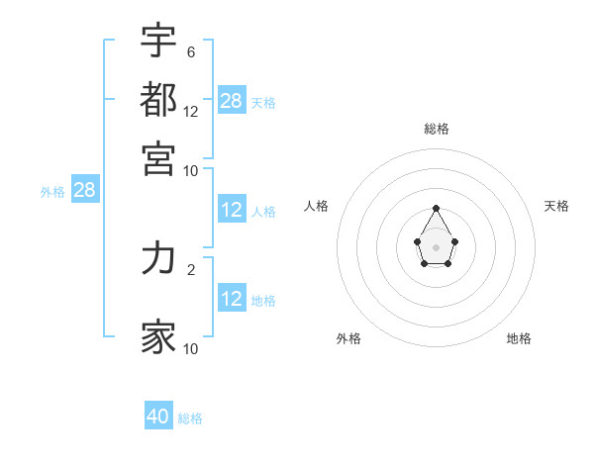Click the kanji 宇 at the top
tap(158, 41)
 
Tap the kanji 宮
tap(158, 157)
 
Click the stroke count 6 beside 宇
tap(190, 52)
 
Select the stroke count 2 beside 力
tap(190, 268)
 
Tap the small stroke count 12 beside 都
tap(191, 111)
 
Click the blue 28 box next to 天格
tap(232, 100)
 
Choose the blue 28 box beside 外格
tap(85, 190)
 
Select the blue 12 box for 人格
tap(232, 210)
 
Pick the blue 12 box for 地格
tap(232, 299)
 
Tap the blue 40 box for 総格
tap(158, 417)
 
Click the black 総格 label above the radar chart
tap(437, 129)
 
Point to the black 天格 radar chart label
tap(556, 206)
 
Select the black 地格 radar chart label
tap(519, 338)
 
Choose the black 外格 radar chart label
tap(348, 338)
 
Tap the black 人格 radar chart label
tap(317, 206)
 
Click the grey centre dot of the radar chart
tap(437, 246)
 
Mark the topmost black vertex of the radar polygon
tap(437, 208)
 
